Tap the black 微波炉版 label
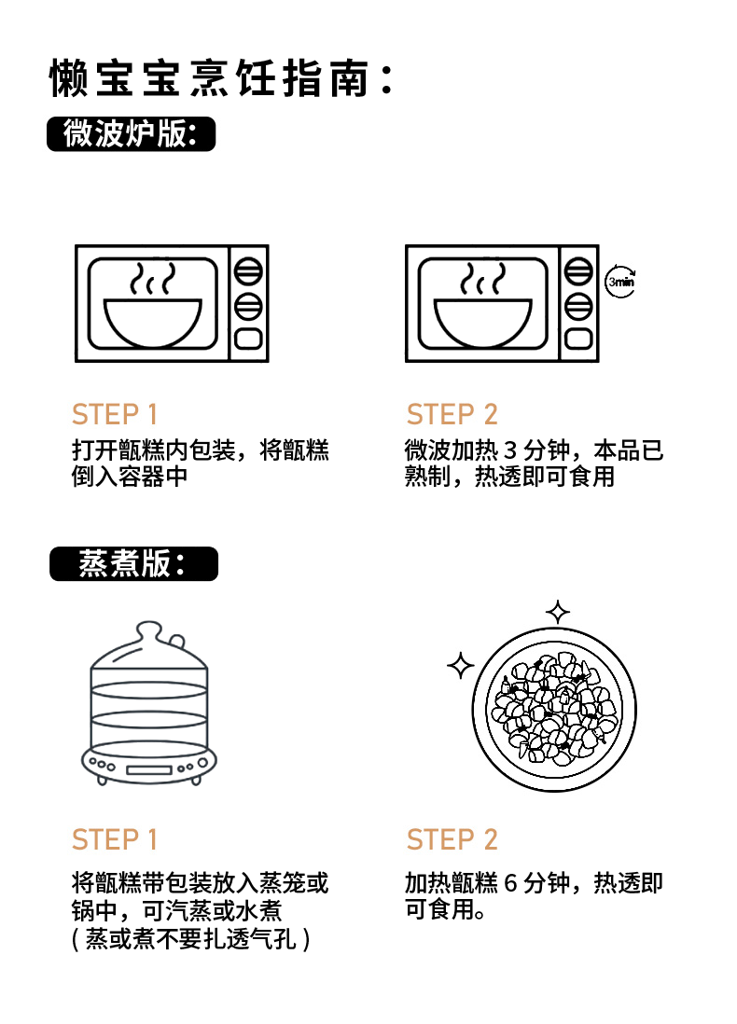click(131, 134)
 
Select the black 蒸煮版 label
click(132, 564)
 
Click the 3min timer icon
click(620, 281)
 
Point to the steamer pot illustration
click(147, 704)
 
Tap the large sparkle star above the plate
click(558, 613)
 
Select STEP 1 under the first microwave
click(115, 414)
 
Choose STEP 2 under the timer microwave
click(452, 414)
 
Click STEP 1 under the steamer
click(115, 839)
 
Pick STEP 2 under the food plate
click(452, 839)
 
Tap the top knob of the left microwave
click(248, 271)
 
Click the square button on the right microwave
click(579, 339)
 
